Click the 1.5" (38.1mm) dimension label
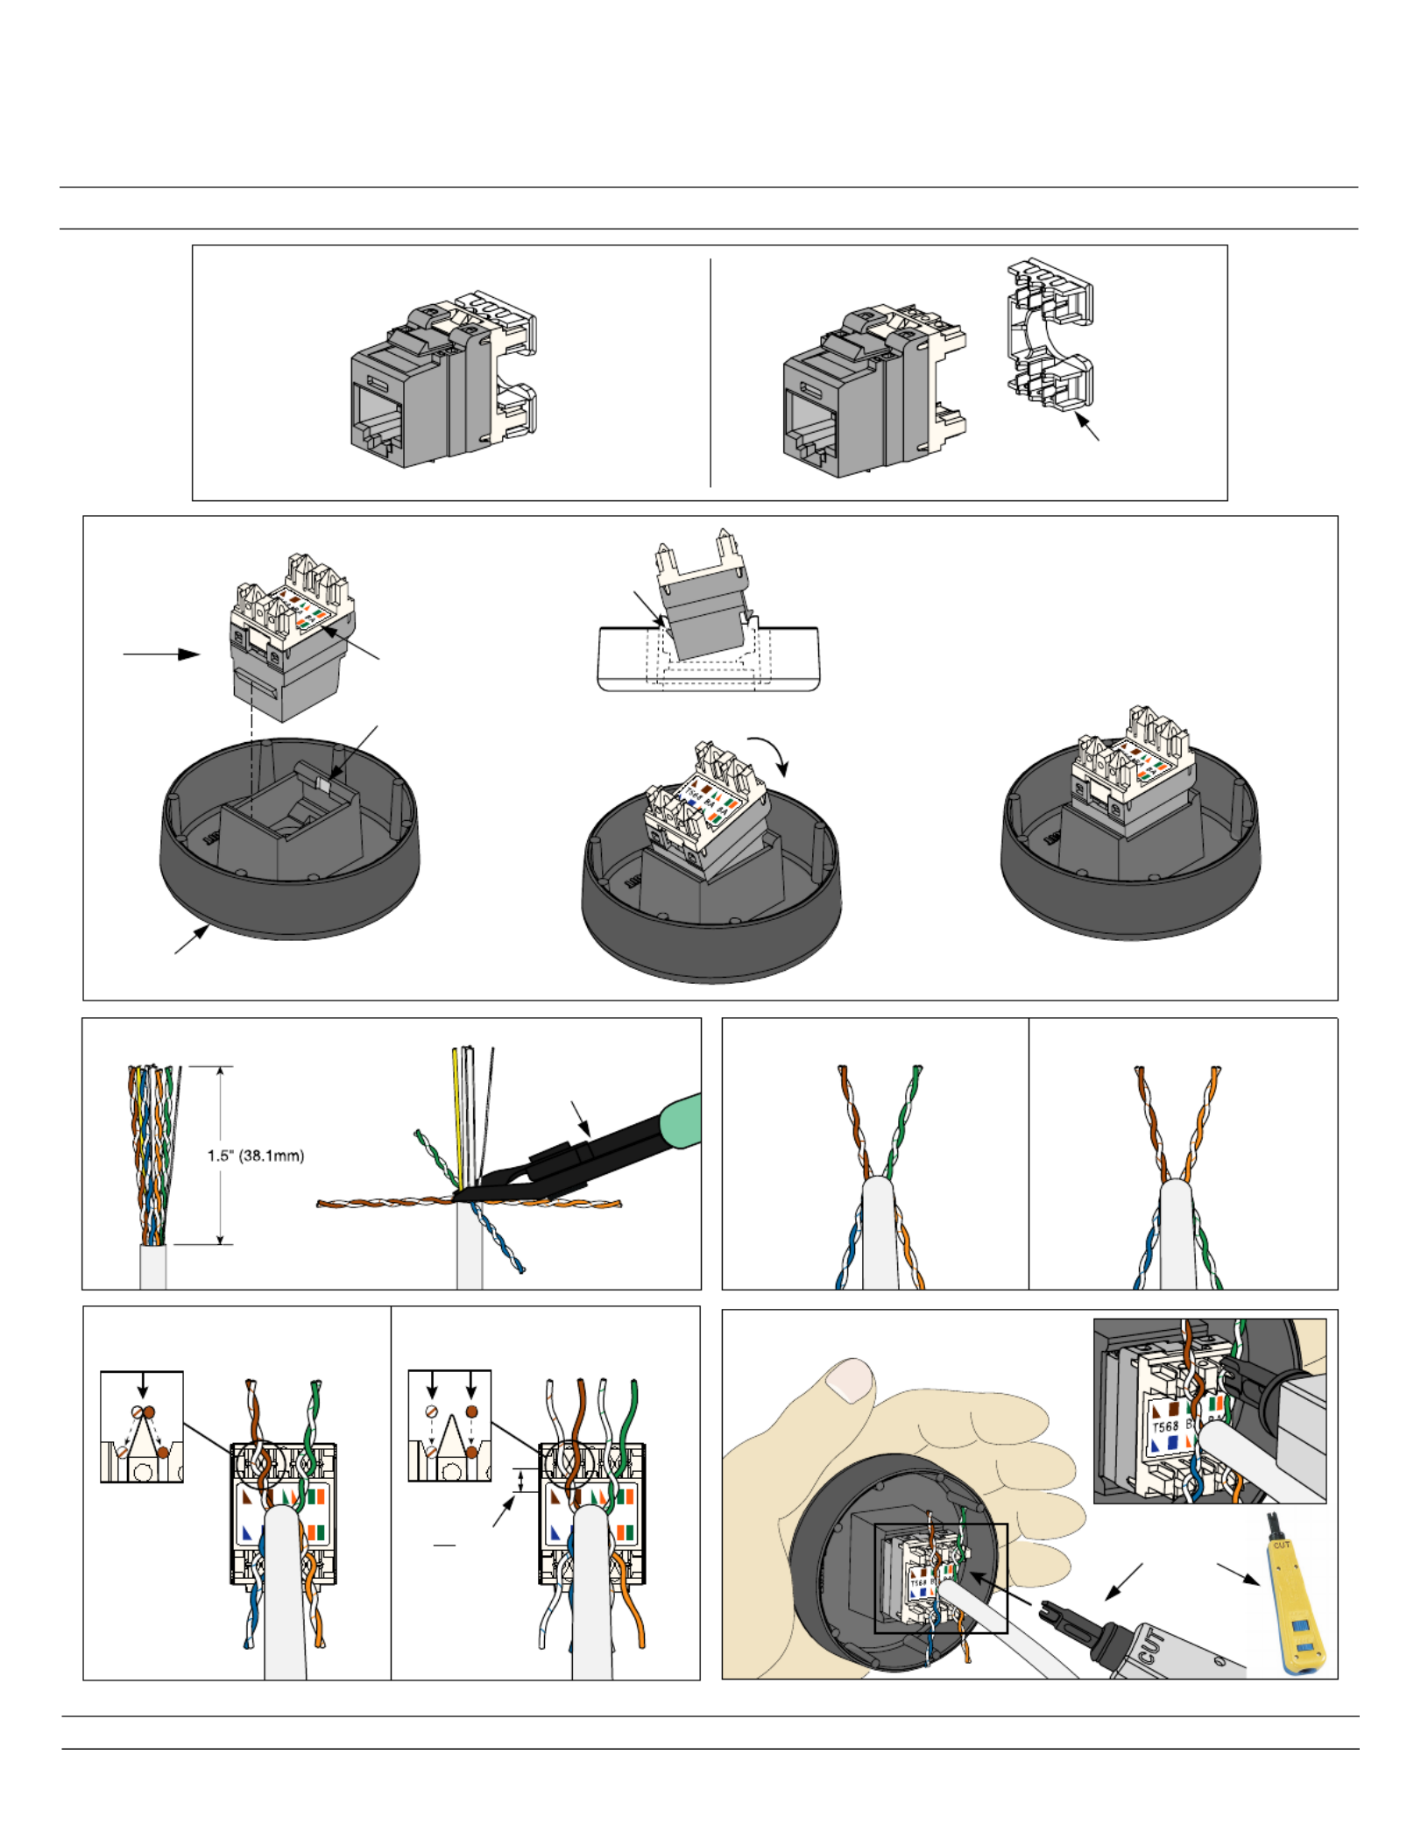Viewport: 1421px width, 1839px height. click(x=255, y=1156)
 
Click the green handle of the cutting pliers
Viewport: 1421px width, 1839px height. click(x=679, y=1122)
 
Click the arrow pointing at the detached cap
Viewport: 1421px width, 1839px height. click(x=1087, y=427)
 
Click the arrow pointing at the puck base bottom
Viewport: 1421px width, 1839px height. click(x=191, y=939)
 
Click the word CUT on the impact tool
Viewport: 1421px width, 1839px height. click(x=1151, y=1646)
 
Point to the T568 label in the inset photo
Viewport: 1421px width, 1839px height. click(x=1164, y=1427)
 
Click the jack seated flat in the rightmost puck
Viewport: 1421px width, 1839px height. click(x=1132, y=771)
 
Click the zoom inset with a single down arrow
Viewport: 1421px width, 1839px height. click(x=142, y=1426)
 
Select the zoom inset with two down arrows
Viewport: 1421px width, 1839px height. click(x=449, y=1425)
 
